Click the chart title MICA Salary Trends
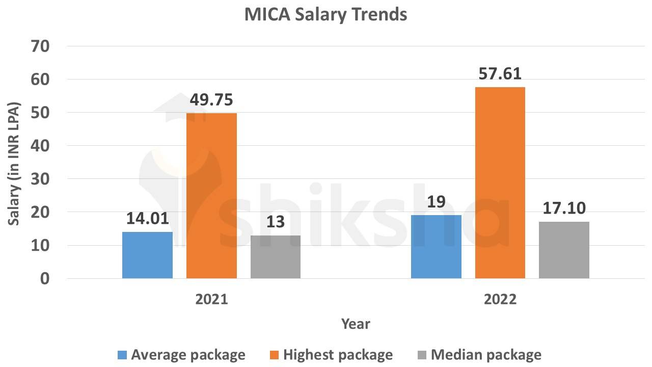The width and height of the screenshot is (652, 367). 325,14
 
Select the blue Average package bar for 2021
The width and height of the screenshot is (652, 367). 147,255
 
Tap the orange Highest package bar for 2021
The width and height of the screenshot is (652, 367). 211,196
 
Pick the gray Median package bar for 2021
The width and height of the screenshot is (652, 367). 276,257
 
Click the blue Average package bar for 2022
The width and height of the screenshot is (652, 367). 436,247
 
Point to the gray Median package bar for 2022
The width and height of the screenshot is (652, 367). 564,250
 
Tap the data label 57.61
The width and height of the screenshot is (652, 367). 500,74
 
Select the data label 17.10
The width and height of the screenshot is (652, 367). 564,208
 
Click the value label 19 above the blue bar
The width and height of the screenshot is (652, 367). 436,202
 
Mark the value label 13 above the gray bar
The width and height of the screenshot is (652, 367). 276,222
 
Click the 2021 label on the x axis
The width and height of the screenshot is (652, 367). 211,299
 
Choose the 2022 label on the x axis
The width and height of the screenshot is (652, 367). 500,299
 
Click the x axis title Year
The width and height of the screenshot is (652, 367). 356,324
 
